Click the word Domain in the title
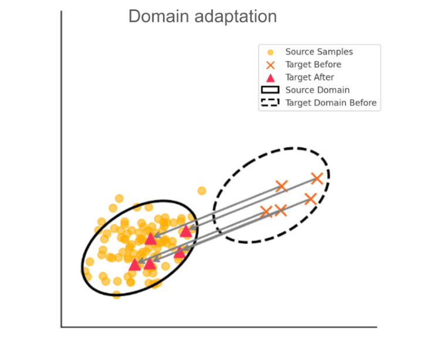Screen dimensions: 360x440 pos(154,16)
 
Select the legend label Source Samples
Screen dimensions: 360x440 pos(319,52)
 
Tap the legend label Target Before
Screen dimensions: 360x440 pos(313,65)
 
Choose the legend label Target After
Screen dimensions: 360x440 pos(309,78)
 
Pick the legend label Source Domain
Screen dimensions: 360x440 pos(317,90)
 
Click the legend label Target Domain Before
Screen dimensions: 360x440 pos(330,103)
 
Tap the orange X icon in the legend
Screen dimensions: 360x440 pos(270,65)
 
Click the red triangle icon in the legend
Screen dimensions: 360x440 pos(270,78)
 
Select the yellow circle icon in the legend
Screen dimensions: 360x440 pos(270,52)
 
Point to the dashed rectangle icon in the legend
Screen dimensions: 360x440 pos(270,103)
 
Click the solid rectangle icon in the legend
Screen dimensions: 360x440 pos(270,90)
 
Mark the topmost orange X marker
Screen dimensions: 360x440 pos(317,178)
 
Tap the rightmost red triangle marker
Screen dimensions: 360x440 pos(186,231)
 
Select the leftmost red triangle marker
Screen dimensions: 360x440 pos(135,265)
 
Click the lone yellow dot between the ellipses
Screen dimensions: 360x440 pos(202,190)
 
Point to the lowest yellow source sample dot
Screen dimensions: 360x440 pos(117,294)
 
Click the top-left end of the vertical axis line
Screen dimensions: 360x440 pos(62,12)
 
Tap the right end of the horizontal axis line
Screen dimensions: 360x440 pos(376,327)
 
